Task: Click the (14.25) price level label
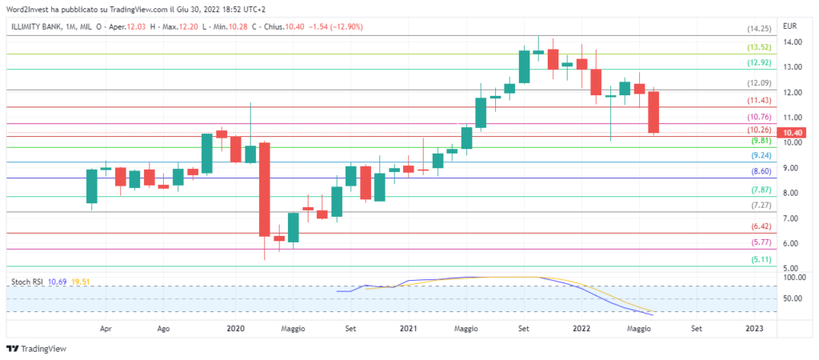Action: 758,29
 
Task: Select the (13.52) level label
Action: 758,47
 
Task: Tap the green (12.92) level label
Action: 758,62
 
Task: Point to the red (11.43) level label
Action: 758,101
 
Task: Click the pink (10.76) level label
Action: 758,118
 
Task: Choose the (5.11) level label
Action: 758,260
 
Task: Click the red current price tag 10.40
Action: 793,133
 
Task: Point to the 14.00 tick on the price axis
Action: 793,42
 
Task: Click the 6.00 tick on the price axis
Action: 793,244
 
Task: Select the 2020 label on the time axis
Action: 236,328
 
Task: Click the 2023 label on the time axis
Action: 754,328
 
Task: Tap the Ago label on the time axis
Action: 163,328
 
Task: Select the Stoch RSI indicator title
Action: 27,282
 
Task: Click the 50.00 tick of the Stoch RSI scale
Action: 793,299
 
